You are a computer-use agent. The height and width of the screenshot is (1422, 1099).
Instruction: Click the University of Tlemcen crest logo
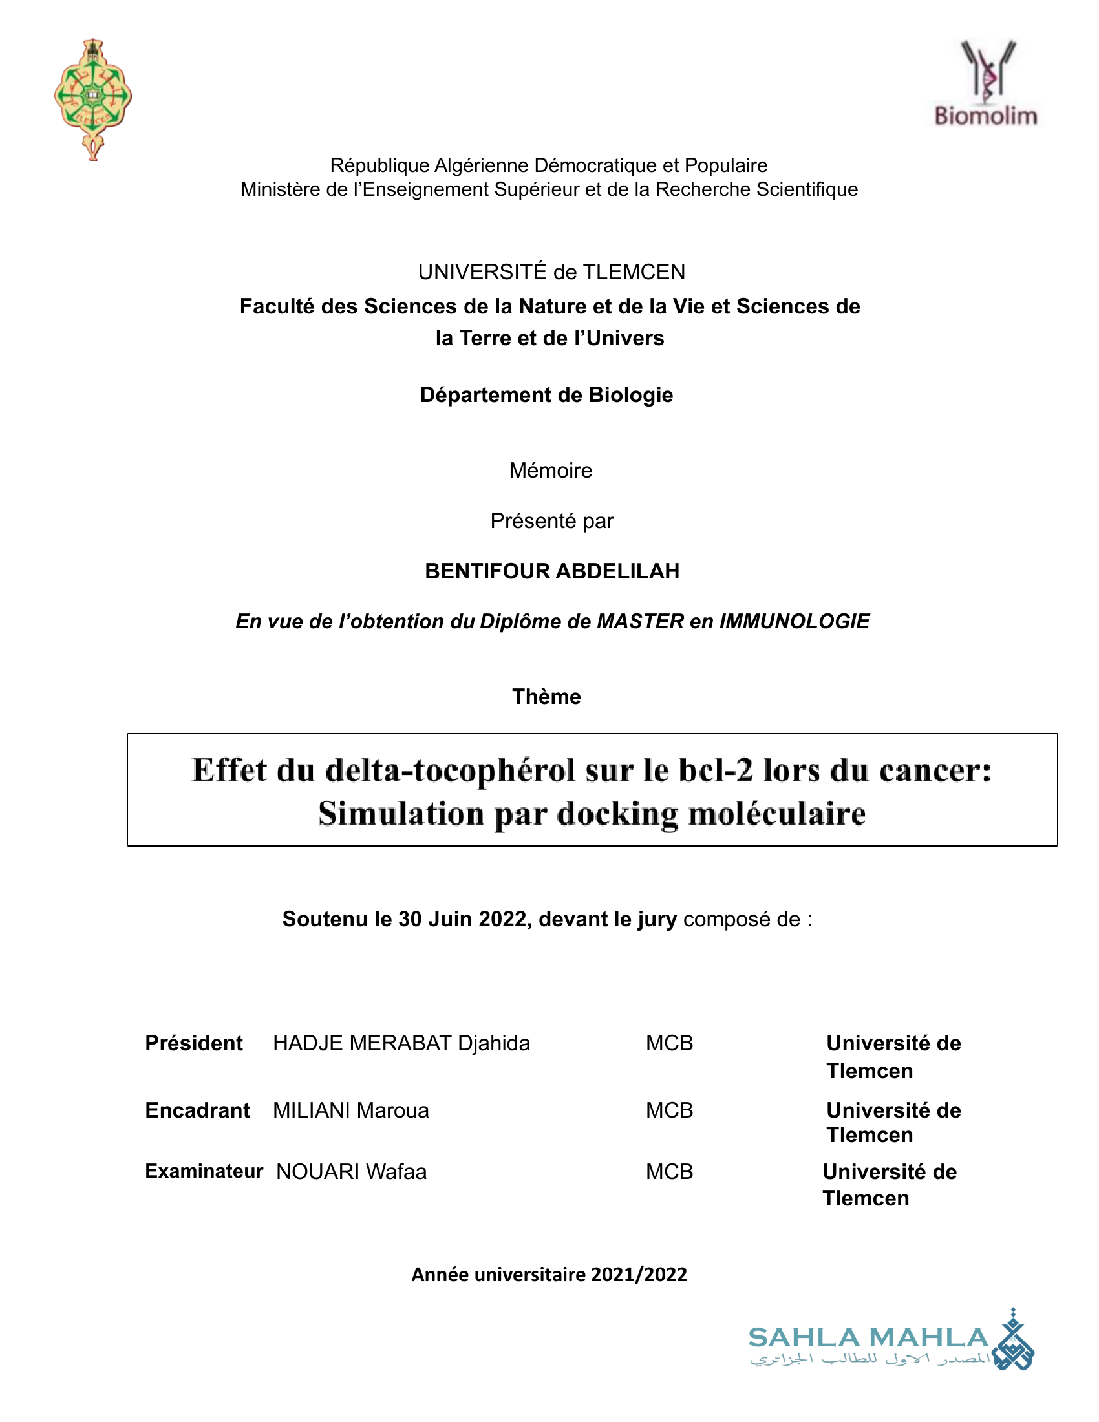tap(93, 98)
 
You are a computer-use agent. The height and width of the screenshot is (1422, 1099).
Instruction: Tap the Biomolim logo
tap(986, 83)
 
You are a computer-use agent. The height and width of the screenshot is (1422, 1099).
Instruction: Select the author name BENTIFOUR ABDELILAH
tap(551, 571)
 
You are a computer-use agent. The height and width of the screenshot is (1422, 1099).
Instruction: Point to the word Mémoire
tap(550, 470)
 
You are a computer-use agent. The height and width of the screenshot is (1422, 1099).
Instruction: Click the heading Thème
tap(546, 697)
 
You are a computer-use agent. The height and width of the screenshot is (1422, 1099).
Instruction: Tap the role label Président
tap(193, 1043)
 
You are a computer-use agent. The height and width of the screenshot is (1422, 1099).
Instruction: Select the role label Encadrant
tap(197, 1110)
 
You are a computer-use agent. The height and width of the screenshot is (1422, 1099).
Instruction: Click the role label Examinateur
tap(204, 1171)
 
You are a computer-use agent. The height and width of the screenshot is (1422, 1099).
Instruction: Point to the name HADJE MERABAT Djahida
tap(401, 1043)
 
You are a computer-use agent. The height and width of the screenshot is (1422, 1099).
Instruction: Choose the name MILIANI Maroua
tap(351, 1110)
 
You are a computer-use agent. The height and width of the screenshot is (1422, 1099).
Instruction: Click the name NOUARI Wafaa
tap(352, 1172)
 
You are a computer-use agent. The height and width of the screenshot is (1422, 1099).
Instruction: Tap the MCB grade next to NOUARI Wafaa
tap(669, 1172)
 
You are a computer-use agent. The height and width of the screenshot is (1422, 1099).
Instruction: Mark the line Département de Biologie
tap(546, 394)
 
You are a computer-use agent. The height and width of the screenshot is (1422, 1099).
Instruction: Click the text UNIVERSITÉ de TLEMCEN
tap(551, 272)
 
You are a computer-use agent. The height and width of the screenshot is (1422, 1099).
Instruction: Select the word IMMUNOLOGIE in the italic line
tap(795, 621)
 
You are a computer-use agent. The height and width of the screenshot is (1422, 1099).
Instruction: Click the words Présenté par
tap(551, 521)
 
